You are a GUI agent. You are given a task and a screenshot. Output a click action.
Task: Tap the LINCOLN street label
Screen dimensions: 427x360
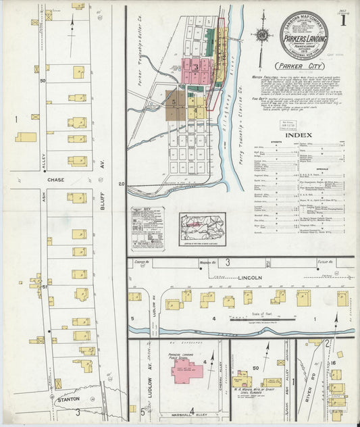(x=249, y=278)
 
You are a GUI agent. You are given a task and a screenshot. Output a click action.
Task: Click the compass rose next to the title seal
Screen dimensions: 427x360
(x=263, y=35)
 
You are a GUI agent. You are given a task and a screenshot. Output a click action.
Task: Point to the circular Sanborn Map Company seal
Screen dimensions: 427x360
(x=305, y=35)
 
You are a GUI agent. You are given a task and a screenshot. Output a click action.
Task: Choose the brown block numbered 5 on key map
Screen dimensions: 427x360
(x=174, y=104)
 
